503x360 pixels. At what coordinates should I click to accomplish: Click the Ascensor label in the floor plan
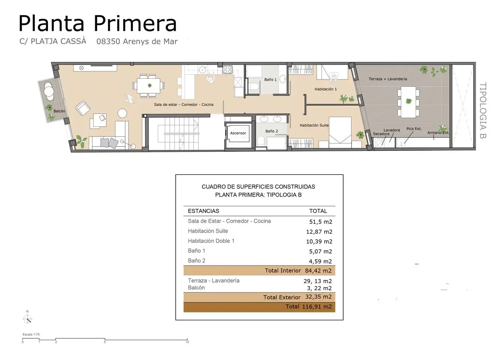coord(238,133)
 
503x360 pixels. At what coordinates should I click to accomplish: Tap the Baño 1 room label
coord(270,79)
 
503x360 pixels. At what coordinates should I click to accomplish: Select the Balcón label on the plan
coord(59,111)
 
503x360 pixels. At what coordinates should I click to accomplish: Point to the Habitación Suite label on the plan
coord(314,125)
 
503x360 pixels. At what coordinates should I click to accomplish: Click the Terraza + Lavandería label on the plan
coord(388,79)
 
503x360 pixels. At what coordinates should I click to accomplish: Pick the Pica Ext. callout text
coord(414,129)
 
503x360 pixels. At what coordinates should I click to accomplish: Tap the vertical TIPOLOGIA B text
coord(483,110)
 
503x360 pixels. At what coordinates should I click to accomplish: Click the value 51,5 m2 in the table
coord(321,222)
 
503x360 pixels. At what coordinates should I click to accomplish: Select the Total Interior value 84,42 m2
coord(318,270)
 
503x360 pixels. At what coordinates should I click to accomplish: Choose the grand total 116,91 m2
coord(317,307)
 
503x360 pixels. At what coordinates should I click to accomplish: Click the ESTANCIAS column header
coord(204,211)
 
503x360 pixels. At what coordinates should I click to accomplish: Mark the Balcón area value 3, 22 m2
coord(319,288)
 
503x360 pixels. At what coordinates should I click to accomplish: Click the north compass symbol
coord(27,319)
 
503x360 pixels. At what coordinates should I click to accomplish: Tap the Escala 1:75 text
coord(31,334)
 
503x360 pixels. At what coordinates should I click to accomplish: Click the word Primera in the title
coord(135,24)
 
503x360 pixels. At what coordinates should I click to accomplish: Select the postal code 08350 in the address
coord(108,41)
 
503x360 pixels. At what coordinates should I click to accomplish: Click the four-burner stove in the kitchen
coord(228,69)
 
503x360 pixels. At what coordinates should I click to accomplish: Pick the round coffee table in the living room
coord(123,113)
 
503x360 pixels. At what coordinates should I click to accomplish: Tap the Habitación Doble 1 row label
coord(211,241)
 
